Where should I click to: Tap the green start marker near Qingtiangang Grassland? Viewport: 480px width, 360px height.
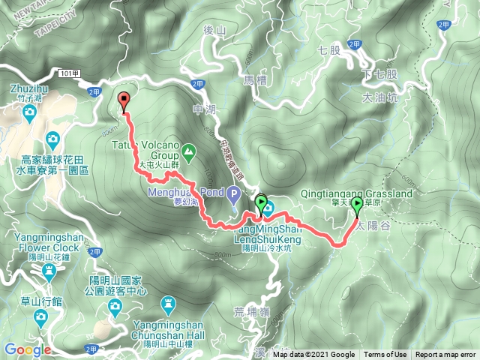(357, 205)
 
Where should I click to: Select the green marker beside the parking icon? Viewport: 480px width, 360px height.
(261, 203)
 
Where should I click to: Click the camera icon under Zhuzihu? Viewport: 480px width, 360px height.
(30, 112)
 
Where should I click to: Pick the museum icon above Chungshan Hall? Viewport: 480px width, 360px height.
(168, 304)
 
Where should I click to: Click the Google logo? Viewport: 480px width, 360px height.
(27, 349)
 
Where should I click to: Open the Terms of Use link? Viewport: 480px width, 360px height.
(385, 355)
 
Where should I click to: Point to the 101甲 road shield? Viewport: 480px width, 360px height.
(66, 73)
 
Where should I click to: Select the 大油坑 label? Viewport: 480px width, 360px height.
(379, 97)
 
